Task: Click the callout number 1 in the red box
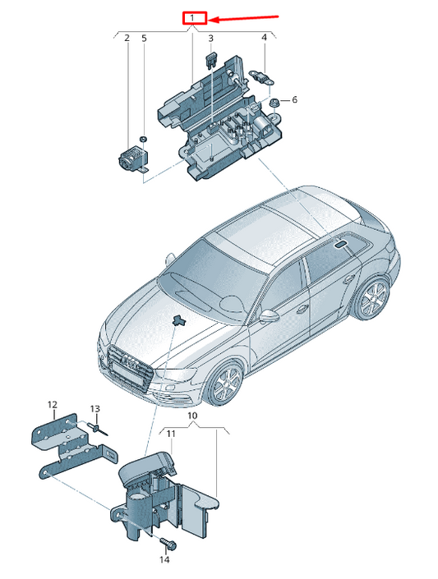tap(192, 18)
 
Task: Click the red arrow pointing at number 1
tap(243, 18)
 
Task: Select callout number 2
tap(127, 38)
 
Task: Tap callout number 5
tap(144, 38)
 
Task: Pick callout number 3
tap(210, 38)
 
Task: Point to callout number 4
tap(264, 37)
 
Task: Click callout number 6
tap(294, 99)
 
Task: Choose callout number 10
tap(192, 416)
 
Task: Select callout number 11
tap(170, 434)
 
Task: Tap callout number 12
tap(53, 405)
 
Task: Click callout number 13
tap(95, 409)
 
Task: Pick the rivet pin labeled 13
tap(97, 430)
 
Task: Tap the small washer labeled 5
tap(144, 140)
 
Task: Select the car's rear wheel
tap(371, 299)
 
